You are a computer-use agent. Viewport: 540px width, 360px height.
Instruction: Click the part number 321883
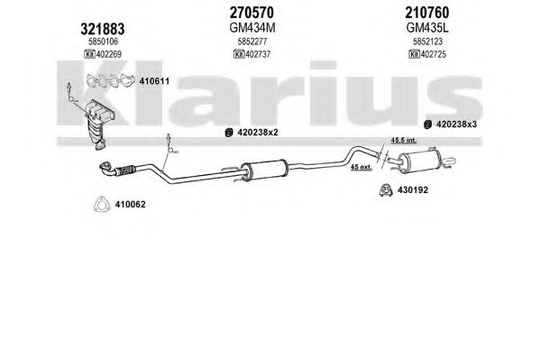coord(102,29)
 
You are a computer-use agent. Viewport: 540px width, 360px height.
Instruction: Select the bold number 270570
coord(252,13)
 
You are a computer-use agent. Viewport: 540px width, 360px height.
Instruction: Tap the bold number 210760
coord(427,13)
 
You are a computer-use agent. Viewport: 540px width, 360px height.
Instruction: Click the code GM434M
coord(252,28)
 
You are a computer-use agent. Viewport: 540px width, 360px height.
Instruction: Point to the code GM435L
coord(427,28)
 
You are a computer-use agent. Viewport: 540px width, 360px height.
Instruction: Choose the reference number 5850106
coord(103,42)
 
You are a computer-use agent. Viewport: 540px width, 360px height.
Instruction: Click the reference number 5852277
coord(252,42)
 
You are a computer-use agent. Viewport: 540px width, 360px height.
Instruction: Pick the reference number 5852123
coord(427,42)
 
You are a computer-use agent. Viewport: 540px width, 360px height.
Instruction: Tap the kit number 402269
coord(109,54)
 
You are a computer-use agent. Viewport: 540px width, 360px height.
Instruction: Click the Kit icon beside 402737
coord(239,54)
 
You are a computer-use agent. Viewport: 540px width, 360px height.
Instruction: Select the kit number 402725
coord(434,54)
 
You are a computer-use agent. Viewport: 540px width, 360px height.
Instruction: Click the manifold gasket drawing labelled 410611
coord(110,80)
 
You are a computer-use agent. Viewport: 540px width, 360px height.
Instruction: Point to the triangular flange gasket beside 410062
coord(102,204)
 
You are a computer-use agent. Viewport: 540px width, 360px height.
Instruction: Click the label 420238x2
coord(257,132)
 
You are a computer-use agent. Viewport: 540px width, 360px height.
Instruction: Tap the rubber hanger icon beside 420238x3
coord(427,125)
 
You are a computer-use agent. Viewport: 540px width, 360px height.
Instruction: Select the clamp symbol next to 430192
coord(386,190)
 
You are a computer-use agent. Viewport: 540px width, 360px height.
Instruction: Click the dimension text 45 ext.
coord(362,167)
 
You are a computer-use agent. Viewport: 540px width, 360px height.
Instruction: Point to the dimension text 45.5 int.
coord(403,140)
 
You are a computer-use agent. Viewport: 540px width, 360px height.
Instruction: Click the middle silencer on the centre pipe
coord(266,169)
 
